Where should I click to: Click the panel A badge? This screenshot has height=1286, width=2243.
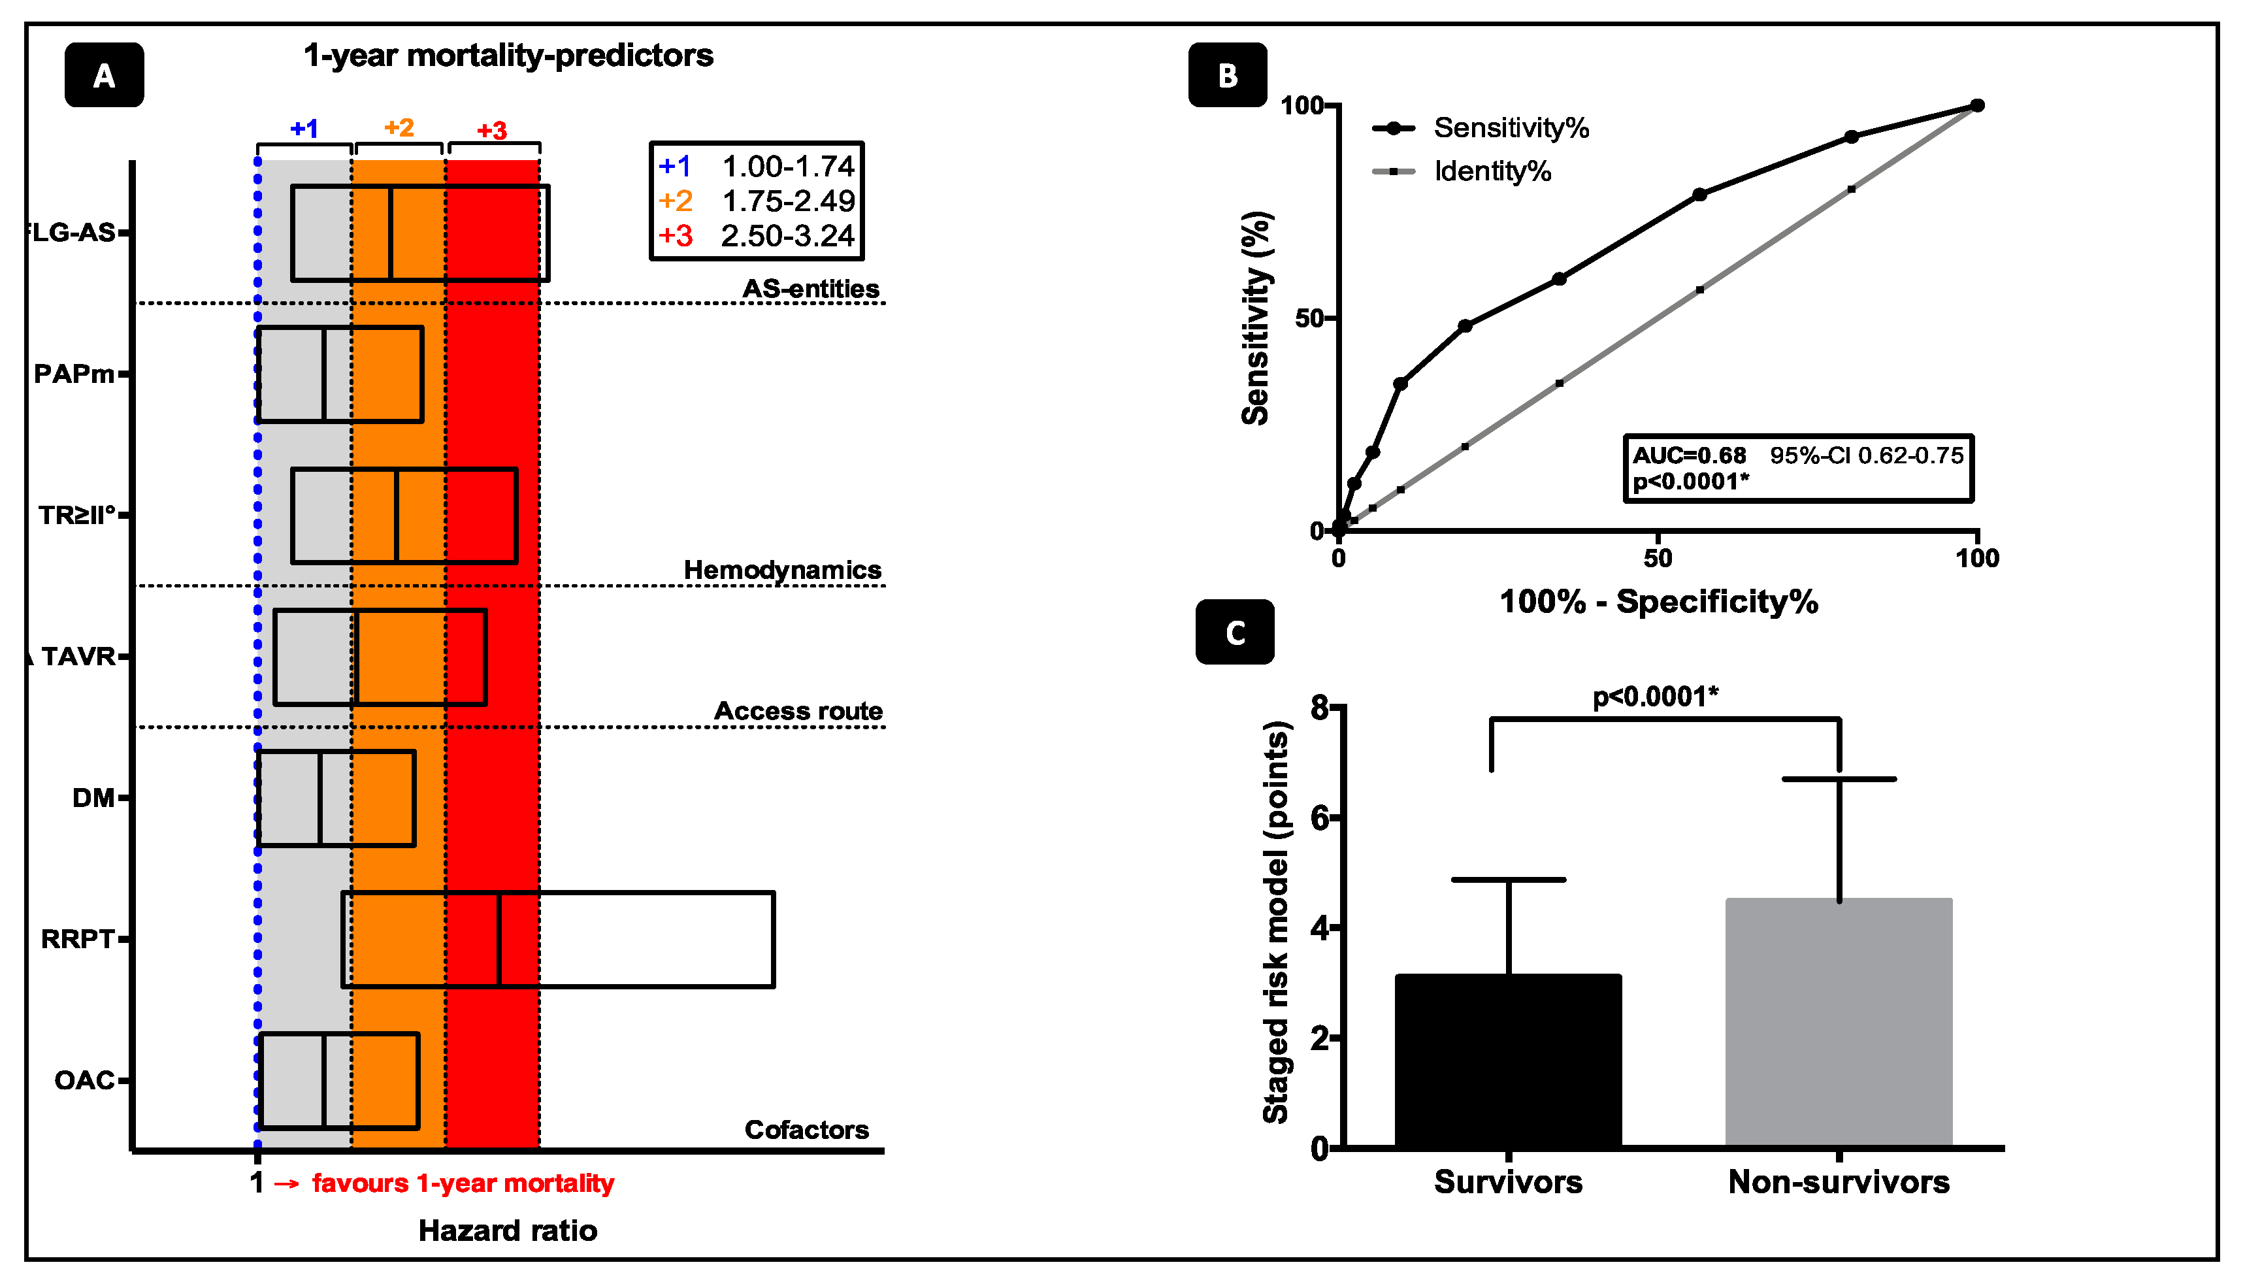(104, 75)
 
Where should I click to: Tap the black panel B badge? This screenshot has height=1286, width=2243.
(1228, 75)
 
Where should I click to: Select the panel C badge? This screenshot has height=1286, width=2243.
(1235, 633)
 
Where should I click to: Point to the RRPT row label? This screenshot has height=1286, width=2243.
(78, 939)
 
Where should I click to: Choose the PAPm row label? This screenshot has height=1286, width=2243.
(74, 374)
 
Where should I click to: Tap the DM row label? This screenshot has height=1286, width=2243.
(93, 799)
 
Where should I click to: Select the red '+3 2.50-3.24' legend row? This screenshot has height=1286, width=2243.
(757, 236)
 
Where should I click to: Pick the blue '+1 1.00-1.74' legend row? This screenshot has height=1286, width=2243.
(757, 166)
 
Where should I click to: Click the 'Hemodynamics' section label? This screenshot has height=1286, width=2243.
(782, 570)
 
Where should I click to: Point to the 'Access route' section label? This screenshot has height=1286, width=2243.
(798, 711)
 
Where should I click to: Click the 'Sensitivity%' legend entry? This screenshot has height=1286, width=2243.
(1510, 128)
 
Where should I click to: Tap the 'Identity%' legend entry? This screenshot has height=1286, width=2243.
(1492, 171)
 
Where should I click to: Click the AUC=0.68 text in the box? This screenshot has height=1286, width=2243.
(1688, 455)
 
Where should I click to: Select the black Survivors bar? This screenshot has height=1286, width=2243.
(1508, 1061)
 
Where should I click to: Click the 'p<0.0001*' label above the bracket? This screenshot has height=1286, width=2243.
(1655, 697)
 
